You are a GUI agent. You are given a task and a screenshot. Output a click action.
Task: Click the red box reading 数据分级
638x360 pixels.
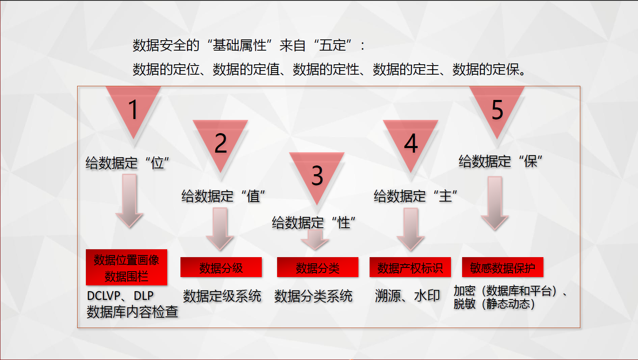[221, 267]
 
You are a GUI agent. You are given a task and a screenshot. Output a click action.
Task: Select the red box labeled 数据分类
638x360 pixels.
[318, 267]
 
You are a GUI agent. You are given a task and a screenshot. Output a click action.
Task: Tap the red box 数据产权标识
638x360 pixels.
[410, 267]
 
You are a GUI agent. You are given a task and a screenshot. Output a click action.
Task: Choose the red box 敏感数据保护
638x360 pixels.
[503, 267]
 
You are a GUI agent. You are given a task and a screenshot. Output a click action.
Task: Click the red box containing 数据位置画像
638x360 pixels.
[127, 267]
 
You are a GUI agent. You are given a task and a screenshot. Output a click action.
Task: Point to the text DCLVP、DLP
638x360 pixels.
[120, 296]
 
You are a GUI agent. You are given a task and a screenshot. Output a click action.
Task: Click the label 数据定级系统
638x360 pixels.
[222, 296]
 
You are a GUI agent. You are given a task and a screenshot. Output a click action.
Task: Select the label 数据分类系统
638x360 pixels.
[313, 296]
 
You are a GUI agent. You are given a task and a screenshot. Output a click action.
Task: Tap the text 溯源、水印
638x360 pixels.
[408, 296]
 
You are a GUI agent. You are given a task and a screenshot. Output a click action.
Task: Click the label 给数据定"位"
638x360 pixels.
[127, 163]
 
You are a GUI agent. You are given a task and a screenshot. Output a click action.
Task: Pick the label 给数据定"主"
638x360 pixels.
[416, 196]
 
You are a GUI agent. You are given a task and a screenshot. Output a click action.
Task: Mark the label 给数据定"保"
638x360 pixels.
[500, 161]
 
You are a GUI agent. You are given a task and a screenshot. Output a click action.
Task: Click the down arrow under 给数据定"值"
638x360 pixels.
[220, 229]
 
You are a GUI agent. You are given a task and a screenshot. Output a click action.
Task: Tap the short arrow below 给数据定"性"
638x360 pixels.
[315, 240]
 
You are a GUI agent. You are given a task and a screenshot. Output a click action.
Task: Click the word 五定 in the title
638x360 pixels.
[333, 45]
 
